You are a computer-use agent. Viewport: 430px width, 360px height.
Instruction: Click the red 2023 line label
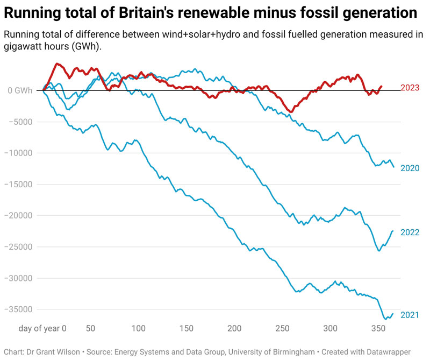(x=410, y=88)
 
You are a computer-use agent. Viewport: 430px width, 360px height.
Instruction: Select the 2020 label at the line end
(x=410, y=168)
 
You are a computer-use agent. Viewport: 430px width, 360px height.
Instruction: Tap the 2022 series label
(x=410, y=232)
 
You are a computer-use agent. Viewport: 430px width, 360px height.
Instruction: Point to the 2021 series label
(x=410, y=315)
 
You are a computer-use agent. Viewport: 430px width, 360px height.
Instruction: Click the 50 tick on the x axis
(x=91, y=328)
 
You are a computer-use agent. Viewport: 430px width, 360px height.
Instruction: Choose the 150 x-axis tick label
(x=186, y=328)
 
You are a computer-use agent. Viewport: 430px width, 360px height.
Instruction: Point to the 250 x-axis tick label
(x=282, y=328)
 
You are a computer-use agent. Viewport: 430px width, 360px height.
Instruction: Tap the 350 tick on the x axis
(x=377, y=328)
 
